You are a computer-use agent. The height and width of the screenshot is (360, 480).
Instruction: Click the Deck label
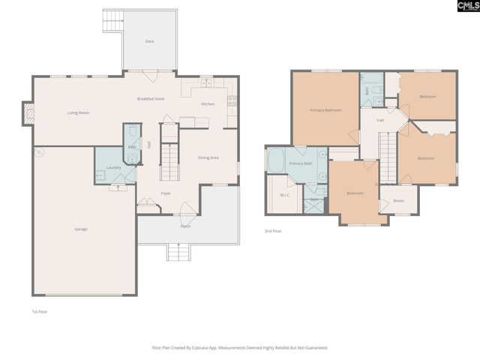[149, 41]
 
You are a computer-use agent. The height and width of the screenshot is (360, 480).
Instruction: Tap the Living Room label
[79, 112]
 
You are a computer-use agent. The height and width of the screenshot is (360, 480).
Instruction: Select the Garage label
[80, 229]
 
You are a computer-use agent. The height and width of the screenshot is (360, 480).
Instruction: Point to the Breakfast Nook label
[150, 99]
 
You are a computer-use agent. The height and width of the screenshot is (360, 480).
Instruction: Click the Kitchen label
[208, 103]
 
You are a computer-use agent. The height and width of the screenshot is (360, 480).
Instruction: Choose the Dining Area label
[208, 157]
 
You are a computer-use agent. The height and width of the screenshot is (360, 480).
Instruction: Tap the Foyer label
[166, 193]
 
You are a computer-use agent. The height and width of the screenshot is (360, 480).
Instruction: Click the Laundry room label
[114, 167]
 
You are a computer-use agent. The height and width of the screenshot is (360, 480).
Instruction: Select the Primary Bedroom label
[325, 110]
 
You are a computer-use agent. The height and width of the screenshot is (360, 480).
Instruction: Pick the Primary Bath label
[301, 163]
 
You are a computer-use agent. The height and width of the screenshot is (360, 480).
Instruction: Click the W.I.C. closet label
[285, 196]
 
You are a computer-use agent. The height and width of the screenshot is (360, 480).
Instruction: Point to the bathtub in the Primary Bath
[276, 161]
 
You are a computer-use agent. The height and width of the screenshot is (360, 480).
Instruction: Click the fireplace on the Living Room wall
[29, 114]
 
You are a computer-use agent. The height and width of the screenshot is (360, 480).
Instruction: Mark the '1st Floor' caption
[40, 310]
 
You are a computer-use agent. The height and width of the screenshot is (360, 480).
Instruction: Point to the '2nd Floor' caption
[274, 232]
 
